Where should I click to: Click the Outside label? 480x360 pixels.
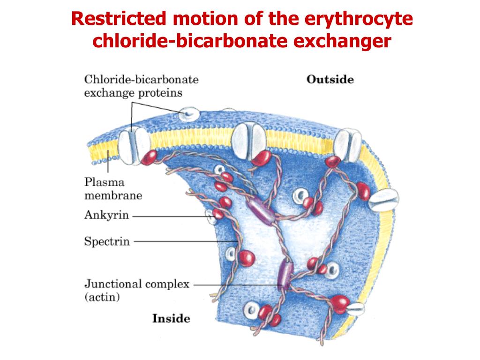[330, 80]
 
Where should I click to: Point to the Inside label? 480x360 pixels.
[171, 319]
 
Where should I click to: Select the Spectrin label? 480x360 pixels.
[107, 242]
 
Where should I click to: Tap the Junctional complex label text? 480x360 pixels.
[136, 284]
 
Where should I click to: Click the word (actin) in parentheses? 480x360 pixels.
[102, 297]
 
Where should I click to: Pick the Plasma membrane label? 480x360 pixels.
[113, 188]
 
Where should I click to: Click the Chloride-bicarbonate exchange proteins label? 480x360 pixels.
[141, 86]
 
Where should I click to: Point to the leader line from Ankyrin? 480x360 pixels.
[169, 216]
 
